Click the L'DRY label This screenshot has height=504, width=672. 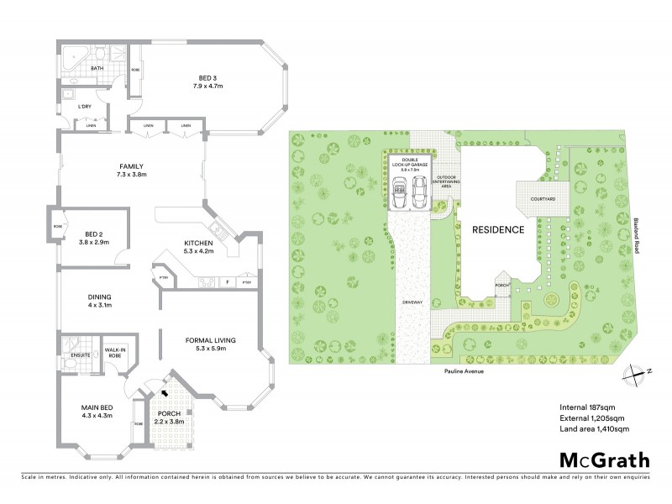pyautogui.click(x=84, y=107)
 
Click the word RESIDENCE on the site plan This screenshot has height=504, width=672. pyautogui.click(x=498, y=229)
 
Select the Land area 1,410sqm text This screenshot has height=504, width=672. pyautogui.click(x=594, y=429)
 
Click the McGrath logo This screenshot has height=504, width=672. pyautogui.click(x=603, y=459)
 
